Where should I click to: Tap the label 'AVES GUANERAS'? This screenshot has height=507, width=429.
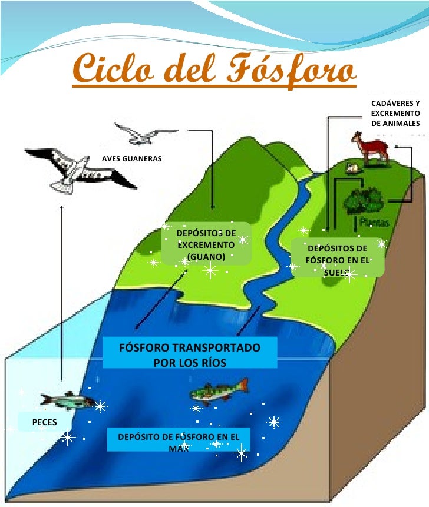[x=131, y=159]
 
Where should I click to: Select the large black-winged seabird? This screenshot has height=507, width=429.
[x=80, y=168]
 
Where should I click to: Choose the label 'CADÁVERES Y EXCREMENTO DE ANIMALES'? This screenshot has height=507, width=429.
[x=395, y=114]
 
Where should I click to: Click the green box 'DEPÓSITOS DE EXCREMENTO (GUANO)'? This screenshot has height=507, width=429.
[x=206, y=244]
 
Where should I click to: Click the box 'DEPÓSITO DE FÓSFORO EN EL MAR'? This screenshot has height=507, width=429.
[x=179, y=442]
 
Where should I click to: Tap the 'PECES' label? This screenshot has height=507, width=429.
[x=45, y=423]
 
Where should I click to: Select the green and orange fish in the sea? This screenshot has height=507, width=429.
[x=218, y=388]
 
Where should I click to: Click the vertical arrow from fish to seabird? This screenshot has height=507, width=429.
[x=61, y=294]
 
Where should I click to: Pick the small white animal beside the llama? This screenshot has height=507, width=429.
[x=354, y=168]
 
